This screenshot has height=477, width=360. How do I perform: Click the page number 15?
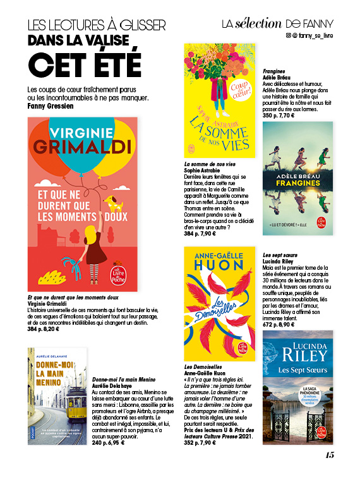point(329,455)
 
